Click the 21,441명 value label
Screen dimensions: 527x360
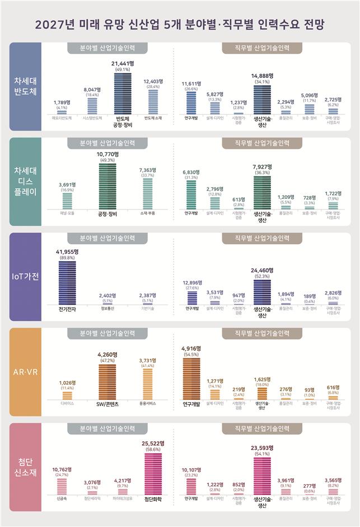[123, 64]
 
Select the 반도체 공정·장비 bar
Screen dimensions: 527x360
[123, 94]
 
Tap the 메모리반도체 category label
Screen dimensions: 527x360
[62, 118]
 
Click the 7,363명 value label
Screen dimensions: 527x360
[148, 169]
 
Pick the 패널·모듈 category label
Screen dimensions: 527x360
[67, 213]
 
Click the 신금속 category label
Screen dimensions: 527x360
[62, 498]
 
